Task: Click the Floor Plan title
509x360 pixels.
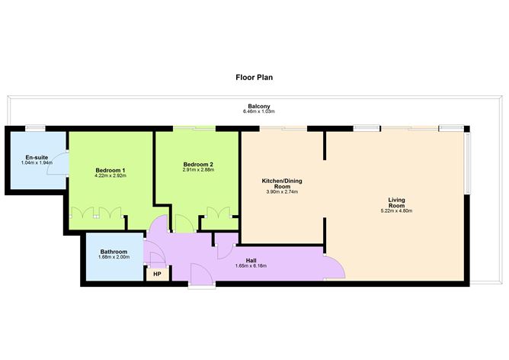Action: click(254, 77)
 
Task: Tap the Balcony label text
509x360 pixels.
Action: click(259, 106)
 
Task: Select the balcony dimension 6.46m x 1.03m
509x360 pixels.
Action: click(259, 112)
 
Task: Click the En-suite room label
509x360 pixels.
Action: click(27, 159)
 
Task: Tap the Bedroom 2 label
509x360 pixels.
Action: click(198, 164)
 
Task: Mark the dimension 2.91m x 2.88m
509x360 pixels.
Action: click(198, 170)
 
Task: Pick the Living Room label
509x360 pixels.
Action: click(395, 202)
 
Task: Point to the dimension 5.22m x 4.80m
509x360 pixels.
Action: click(395, 211)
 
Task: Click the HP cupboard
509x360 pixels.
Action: click(158, 274)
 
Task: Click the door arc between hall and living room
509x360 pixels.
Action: click(335, 267)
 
